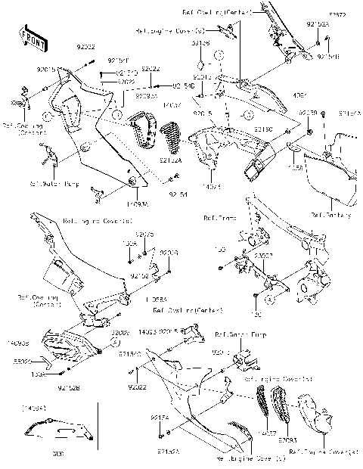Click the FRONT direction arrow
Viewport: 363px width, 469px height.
[31, 36]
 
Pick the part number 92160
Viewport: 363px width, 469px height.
[263, 129]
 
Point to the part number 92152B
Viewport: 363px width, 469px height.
[70, 390]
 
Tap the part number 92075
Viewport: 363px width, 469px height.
[144, 235]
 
